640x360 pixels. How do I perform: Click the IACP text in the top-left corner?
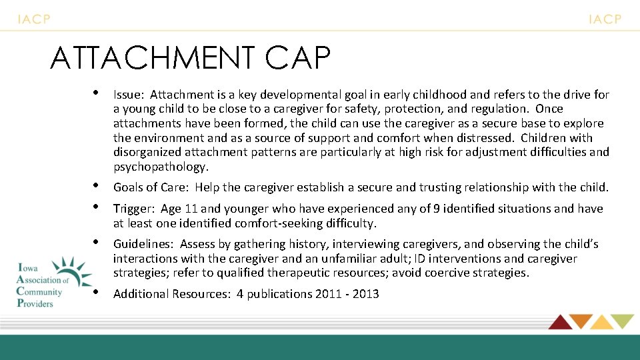(x=34, y=19)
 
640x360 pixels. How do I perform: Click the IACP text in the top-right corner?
(x=605, y=19)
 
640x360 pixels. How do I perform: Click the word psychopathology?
(x=161, y=167)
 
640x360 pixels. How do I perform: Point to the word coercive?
(x=459, y=273)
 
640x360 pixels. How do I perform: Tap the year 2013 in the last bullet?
(x=365, y=293)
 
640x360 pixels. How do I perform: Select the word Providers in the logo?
(x=35, y=303)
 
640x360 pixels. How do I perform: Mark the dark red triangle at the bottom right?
(x=560, y=322)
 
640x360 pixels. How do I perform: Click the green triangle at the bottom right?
(x=622, y=322)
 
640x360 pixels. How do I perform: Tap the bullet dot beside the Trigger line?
(x=97, y=207)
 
